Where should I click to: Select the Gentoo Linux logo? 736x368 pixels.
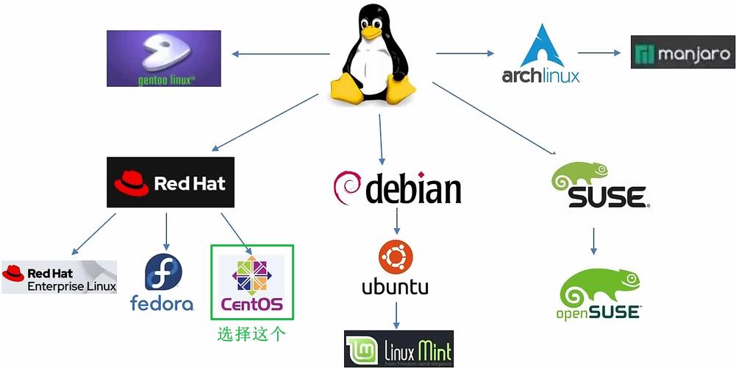[163, 59]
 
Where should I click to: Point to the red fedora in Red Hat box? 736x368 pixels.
[130, 180]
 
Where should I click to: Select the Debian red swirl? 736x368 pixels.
[347, 188]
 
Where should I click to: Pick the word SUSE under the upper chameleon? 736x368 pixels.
[607, 197]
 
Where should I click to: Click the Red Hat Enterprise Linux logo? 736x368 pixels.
[59, 277]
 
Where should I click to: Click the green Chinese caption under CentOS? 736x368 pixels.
[251, 334]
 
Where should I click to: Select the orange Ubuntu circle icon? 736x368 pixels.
[395, 257]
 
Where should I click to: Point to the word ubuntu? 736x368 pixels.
[395, 286]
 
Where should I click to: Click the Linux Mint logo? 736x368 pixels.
[399, 349]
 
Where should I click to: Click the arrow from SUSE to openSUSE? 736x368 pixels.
[594, 241]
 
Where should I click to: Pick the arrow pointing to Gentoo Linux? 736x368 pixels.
[279, 53]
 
